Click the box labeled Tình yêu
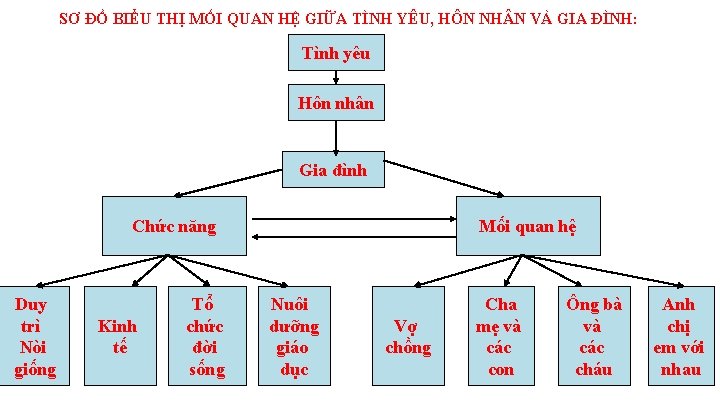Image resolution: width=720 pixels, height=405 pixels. pyautogui.click(x=335, y=53)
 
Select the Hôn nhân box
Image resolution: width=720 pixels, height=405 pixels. pyautogui.click(x=335, y=103)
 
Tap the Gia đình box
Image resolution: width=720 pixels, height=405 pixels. pyautogui.click(x=334, y=170)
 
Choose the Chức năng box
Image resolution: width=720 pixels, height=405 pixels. pyautogui.click(x=175, y=226)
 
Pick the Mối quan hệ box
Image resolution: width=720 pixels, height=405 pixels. pyautogui.click(x=527, y=226)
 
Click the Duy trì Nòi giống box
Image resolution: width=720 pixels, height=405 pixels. pyautogui.click(x=34, y=336)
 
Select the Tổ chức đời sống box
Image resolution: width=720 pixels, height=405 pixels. pyautogui.click(x=206, y=336)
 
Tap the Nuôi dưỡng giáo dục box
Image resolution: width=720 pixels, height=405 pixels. pyautogui.click(x=294, y=336)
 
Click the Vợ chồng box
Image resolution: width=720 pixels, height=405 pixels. pyautogui.click(x=408, y=336)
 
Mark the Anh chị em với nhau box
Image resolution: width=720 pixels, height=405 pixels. pyautogui.click(x=678, y=336)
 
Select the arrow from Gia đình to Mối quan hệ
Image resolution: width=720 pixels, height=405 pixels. pyautogui.click(x=446, y=177)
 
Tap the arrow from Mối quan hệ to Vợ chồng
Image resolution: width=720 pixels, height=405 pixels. pyautogui.click(x=460, y=270)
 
